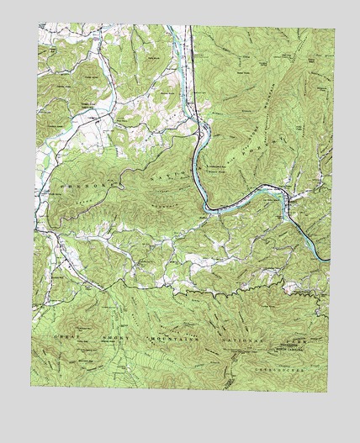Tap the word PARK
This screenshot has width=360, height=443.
tap(295, 344)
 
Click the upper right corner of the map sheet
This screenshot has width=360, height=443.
tap(333, 30)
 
